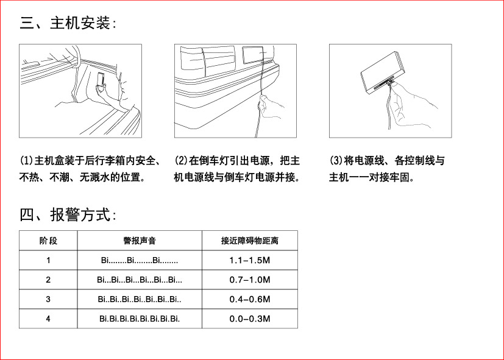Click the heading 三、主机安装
coord(67,24)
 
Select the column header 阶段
coord(48,241)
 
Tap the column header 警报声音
coord(140,241)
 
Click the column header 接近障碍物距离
coord(249,241)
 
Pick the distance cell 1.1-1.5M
coord(249,260)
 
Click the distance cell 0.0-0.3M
coord(249,319)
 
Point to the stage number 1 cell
coord(48,260)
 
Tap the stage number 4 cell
coord(48,319)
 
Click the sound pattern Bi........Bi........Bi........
coord(140,260)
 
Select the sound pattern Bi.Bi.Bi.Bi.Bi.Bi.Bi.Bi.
coord(140,319)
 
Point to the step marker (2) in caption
coord(181,161)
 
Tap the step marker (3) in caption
coord(336,161)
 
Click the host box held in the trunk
coord(101,80)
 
